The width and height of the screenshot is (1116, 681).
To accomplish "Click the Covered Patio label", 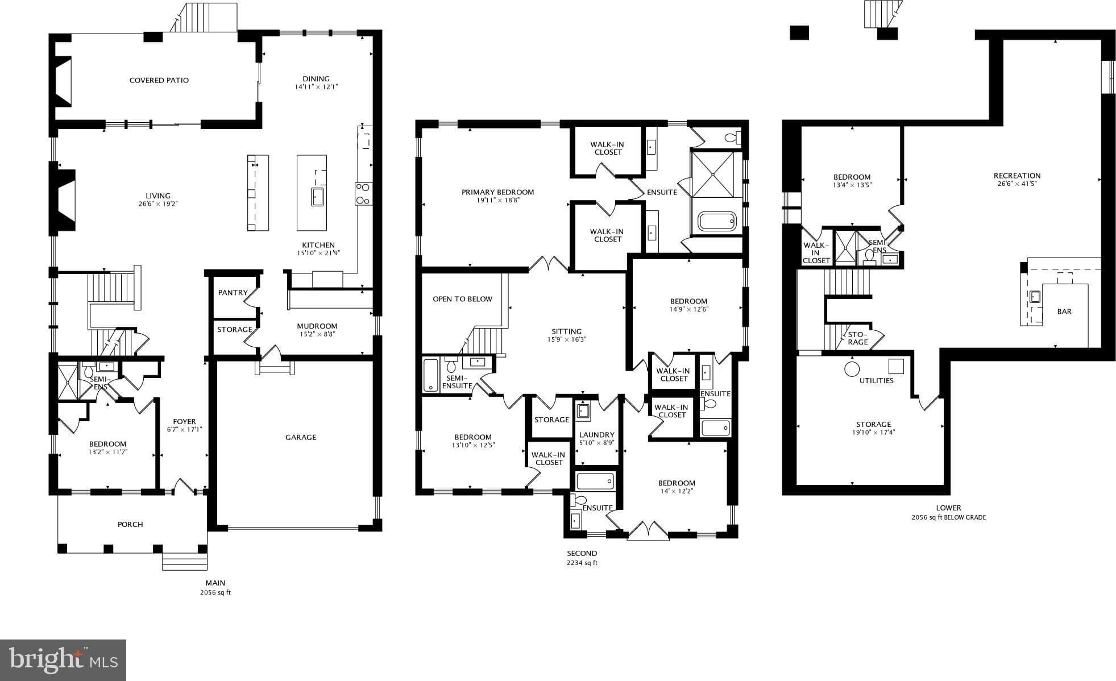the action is click(159, 80).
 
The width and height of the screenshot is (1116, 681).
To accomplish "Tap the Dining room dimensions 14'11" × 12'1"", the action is click(316, 87).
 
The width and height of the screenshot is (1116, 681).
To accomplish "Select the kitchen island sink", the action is click(317, 197).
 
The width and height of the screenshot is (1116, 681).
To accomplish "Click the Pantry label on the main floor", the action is click(233, 293).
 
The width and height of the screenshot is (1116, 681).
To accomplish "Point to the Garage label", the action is click(301, 437).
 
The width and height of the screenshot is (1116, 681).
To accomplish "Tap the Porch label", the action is click(130, 524).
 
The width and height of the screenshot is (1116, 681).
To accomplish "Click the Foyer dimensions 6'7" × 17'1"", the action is click(184, 429).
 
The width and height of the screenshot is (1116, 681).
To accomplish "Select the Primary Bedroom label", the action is click(498, 192).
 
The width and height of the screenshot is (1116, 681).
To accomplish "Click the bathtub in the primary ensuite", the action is click(717, 221).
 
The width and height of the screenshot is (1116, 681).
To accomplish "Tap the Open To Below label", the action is click(463, 299).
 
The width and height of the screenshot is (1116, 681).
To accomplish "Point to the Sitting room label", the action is click(567, 331).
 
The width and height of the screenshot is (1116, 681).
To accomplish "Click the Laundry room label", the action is click(596, 435).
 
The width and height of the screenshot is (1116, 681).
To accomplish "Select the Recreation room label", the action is click(1017, 176).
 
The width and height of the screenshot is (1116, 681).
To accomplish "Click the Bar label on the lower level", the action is click(1064, 312).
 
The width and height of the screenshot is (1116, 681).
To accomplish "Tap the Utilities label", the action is click(877, 381).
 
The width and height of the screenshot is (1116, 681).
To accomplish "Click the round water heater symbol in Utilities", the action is click(852, 369).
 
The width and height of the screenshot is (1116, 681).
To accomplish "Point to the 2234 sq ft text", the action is click(582, 563).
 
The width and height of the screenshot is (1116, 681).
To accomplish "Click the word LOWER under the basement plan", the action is click(948, 508).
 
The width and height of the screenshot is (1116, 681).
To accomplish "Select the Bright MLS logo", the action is click(63, 660).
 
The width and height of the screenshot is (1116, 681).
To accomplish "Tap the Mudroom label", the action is click(317, 326).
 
